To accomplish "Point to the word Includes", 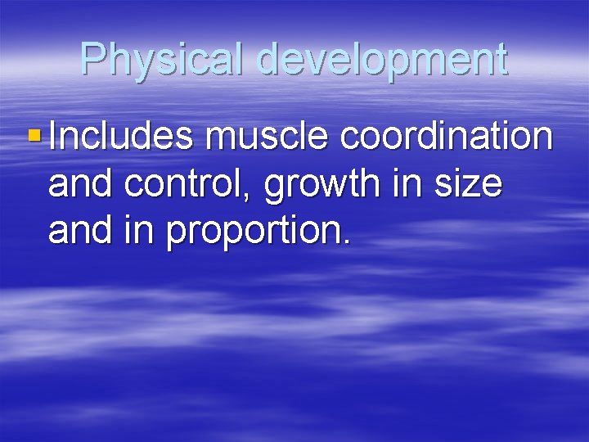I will click(121, 136).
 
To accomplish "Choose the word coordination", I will click(447, 136).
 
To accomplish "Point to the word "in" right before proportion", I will click(140, 231).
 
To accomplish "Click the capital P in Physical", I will click(93, 59).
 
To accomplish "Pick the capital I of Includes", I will click(53, 136).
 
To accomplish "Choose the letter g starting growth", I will click(275, 188).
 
